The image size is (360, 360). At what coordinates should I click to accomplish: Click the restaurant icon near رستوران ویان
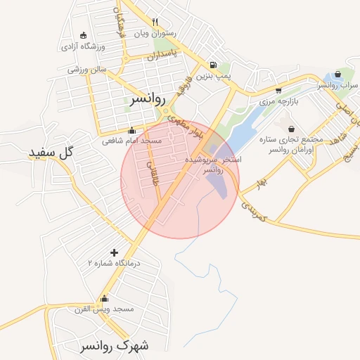(x=155, y=22)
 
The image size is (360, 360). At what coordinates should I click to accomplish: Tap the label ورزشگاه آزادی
(x=82, y=46)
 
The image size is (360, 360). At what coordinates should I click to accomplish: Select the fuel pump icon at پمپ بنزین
(x=213, y=65)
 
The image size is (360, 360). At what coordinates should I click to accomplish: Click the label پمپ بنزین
(x=213, y=75)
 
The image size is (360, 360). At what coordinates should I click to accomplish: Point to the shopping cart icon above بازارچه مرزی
(x=278, y=90)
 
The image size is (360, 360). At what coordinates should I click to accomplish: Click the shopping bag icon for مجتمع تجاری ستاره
(x=291, y=129)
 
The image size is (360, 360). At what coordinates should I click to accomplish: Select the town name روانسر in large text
(x=149, y=100)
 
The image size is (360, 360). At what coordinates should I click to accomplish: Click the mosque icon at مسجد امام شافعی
(x=131, y=130)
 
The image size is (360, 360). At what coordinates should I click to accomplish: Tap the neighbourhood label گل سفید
(x=51, y=151)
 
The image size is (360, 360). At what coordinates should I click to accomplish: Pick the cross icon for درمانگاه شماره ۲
(x=114, y=252)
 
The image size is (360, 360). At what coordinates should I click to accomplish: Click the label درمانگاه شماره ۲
(x=114, y=262)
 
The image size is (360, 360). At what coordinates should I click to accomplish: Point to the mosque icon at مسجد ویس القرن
(x=105, y=298)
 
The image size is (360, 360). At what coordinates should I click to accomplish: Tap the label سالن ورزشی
(x=86, y=70)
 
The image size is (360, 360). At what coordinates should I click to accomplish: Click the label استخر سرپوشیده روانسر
(x=212, y=165)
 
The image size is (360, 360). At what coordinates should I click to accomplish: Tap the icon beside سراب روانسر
(x=338, y=74)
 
